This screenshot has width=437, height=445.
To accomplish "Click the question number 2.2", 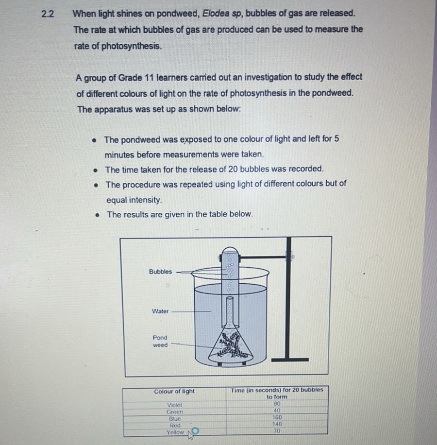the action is point(48,14).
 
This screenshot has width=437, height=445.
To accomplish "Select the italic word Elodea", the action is point(216,13).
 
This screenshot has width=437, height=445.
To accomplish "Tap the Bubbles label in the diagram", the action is point(161,272).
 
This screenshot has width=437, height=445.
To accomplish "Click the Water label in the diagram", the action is point(160,311).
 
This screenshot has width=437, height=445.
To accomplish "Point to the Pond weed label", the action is point(160,342).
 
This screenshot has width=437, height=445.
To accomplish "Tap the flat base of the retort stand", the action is point(290,359).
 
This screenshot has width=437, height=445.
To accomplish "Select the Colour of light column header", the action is point(174,392).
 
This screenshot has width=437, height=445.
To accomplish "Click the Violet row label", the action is point(175,405).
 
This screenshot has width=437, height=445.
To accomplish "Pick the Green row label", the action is point(175,412).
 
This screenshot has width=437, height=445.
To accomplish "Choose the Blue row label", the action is point(175,419).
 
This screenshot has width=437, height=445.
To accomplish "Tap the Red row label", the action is point(175,426).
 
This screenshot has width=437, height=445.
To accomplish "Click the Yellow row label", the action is point(175,432).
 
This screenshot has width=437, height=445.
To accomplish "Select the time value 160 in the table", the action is point(277,417).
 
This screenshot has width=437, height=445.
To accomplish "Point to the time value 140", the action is point(277,424).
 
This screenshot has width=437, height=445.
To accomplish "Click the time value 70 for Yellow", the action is point(277,431).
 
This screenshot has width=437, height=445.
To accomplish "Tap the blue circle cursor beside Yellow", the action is point(195,431).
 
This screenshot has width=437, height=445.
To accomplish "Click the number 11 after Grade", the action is point(149,77).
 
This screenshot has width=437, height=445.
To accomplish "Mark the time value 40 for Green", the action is point(277,411).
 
